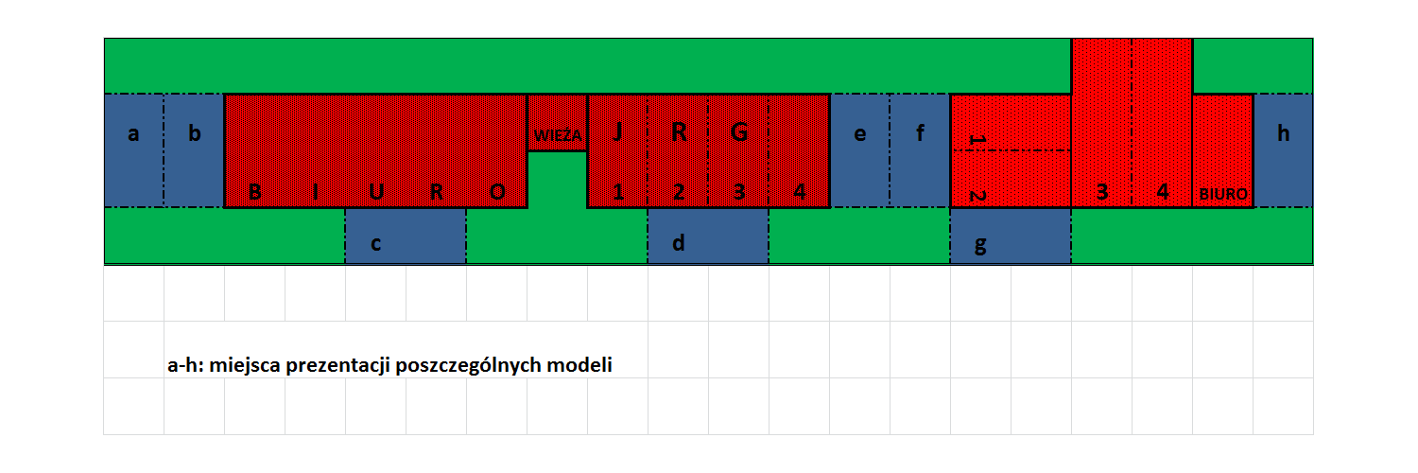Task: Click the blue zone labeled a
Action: [133, 150]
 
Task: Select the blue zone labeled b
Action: [194, 150]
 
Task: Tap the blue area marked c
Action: [406, 236]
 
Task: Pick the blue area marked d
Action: [708, 236]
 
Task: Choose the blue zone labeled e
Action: [859, 150]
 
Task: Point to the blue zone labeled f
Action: [920, 150]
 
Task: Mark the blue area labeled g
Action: [1011, 236]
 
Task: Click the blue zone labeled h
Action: [1283, 150]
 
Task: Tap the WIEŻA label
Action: [558, 135]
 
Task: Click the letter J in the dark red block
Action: [618, 131]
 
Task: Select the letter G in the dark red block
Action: [738, 132]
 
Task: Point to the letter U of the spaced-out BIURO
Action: [376, 192]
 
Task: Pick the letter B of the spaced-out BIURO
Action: [255, 192]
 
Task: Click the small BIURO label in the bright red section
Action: [1223, 194]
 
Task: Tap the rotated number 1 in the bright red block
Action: [978, 139]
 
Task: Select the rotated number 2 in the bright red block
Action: [978, 196]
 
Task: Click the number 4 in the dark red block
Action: [800, 191]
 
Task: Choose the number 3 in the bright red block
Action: [1102, 192]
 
